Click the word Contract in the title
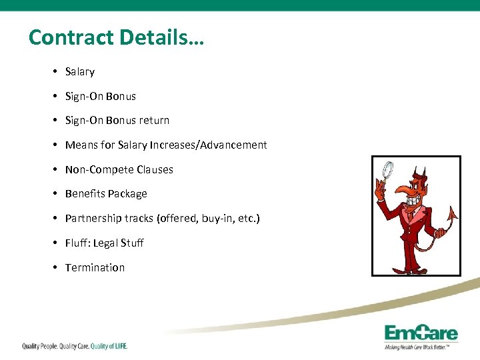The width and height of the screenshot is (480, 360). tap(71, 37)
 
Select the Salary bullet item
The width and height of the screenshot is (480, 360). tap(80, 72)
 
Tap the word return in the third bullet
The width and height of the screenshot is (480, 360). tap(154, 121)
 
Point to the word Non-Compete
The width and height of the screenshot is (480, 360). tap(89, 170)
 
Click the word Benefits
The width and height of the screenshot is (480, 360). tap(85, 194)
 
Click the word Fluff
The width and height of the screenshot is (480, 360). tap(77, 243)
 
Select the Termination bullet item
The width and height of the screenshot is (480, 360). tap(95, 268)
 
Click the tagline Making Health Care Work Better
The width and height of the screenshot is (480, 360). tap(417, 347)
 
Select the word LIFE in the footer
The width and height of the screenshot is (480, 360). tap(118, 346)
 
